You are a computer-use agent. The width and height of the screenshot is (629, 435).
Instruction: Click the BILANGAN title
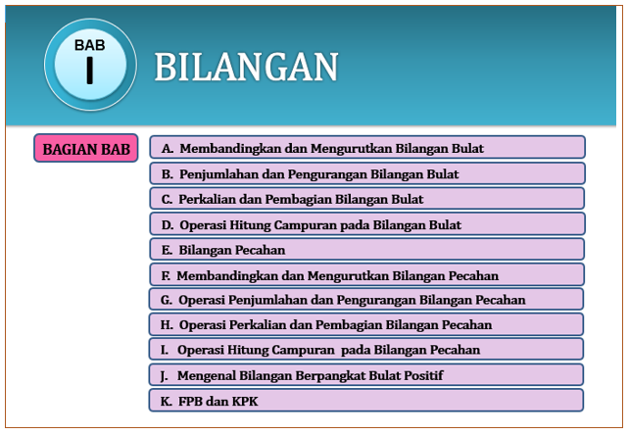246,67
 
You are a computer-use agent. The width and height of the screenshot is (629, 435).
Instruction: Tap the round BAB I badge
90,64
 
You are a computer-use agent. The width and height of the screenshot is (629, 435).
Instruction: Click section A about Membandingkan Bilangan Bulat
366,148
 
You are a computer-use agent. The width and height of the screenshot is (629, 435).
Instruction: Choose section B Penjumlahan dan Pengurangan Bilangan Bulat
366,173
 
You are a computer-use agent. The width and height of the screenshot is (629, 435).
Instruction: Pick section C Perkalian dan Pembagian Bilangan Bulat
366,199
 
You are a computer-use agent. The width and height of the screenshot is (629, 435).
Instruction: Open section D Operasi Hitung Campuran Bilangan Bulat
366,224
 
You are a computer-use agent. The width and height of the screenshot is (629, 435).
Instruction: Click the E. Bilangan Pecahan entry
366,250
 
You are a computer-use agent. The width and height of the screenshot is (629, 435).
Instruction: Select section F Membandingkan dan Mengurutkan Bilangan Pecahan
366,275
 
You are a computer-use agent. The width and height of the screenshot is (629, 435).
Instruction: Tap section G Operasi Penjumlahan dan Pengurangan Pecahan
366,300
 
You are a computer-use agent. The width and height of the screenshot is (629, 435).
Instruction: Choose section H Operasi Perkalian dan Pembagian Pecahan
366,324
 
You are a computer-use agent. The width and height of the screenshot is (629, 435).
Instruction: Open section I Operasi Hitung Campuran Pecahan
366,349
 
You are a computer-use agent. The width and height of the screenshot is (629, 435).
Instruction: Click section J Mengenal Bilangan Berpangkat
366,374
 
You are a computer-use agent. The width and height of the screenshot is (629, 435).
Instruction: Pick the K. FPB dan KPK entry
366,400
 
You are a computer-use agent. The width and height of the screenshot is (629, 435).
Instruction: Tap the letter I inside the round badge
90,72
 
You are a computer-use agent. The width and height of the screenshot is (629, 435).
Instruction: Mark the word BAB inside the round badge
90,45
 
